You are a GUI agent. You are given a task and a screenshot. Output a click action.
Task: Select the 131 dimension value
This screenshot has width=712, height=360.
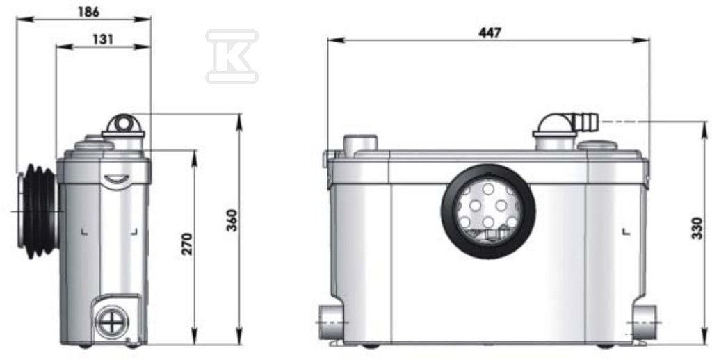tap(102, 40)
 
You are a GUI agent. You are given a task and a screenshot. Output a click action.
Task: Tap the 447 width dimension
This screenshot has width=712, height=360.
tap(489, 32)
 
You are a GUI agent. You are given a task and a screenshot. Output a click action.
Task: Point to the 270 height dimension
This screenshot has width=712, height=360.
tap(187, 244)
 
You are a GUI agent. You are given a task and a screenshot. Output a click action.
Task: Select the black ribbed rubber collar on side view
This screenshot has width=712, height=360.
tap(39, 211)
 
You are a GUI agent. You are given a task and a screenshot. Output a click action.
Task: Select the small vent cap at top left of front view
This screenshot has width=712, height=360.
tap(360, 142)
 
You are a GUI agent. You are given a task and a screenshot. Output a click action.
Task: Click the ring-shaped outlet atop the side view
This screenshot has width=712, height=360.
tap(124, 124)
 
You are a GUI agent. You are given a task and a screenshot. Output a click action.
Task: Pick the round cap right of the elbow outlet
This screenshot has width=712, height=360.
tap(597, 145)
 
